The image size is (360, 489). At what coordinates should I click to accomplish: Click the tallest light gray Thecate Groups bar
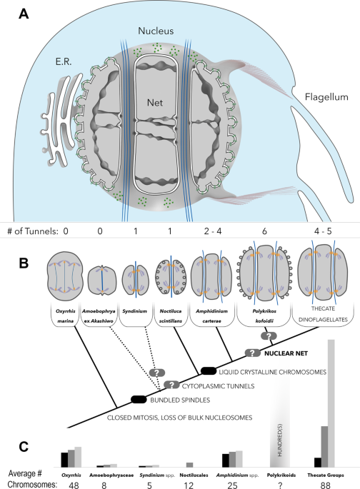tap(331, 403)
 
